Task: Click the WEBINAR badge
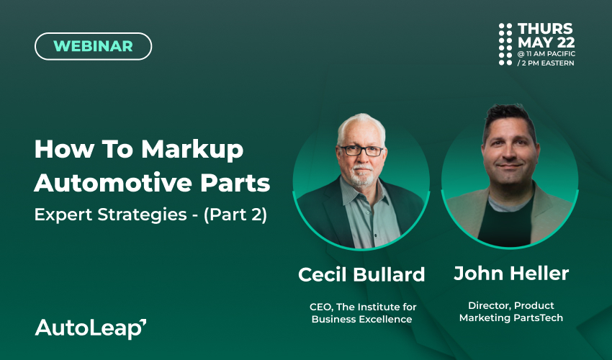(94, 46)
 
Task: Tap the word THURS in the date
(545, 29)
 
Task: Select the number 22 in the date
(566, 42)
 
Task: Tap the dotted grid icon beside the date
(505, 44)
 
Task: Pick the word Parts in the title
(235, 183)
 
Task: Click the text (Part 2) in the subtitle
(235, 215)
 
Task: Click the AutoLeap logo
(91, 328)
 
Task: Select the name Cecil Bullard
(361, 274)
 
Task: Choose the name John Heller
(511, 273)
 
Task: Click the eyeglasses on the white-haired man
(362, 150)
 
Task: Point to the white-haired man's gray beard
(361, 175)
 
